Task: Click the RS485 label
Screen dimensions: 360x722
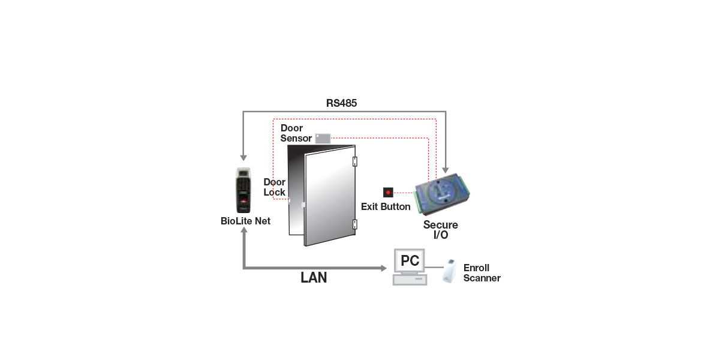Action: tap(341, 103)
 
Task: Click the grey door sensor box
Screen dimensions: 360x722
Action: tap(323, 138)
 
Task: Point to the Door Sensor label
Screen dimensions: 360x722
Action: tap(296, 133)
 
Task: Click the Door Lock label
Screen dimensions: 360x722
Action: tap(275, 187)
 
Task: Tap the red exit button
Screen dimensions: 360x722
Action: tap(388, 193)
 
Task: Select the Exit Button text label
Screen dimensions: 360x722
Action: tap(386, 207)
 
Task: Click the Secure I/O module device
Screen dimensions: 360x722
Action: tap(442, 196)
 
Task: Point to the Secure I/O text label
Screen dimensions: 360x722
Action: tap(441, 230)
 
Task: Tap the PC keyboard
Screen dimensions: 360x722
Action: tap(410, 280)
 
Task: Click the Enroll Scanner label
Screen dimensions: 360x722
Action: tap(482, 273)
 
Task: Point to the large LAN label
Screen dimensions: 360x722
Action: tap(314, 278)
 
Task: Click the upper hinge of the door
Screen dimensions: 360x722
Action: tap(355, 161)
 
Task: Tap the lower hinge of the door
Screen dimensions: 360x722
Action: tap(355, 225)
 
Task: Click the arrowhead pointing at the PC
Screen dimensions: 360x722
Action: tap(384, 268)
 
